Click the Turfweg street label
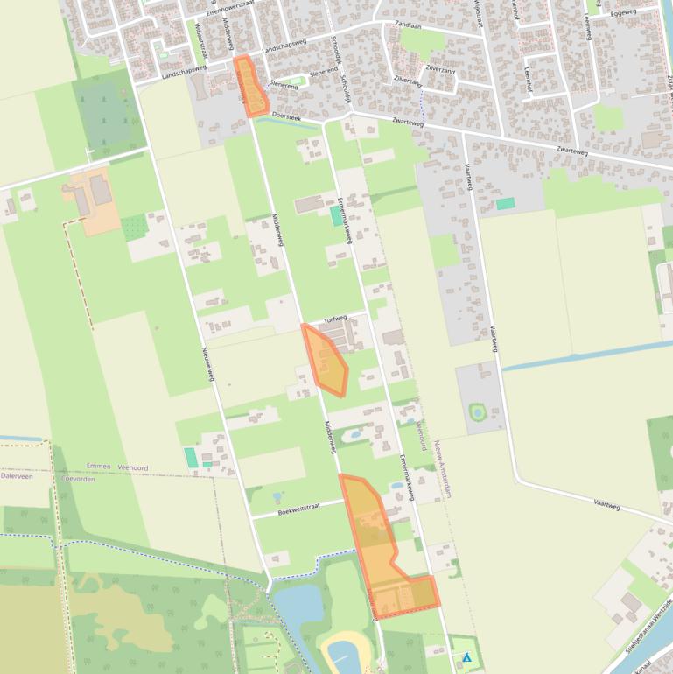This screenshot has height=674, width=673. pos(335,319)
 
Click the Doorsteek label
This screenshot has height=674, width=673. pos(285,115)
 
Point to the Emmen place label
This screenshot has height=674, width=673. pos(99,467)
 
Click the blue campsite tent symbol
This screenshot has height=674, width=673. pos(467,656)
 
